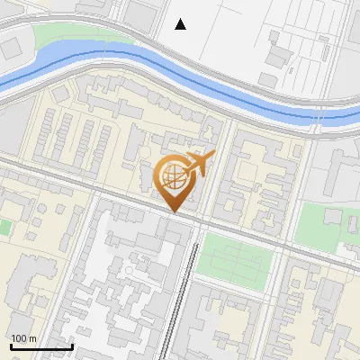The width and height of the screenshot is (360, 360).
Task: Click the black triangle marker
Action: coord(181,24)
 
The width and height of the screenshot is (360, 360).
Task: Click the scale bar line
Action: coord(41,346)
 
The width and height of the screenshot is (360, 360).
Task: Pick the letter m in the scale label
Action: coord(32,338)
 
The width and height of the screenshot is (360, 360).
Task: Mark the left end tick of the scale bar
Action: coord(11,345)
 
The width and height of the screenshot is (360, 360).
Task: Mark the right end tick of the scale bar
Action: coord(72,345)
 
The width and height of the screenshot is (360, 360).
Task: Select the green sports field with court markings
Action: coord(233,256)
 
